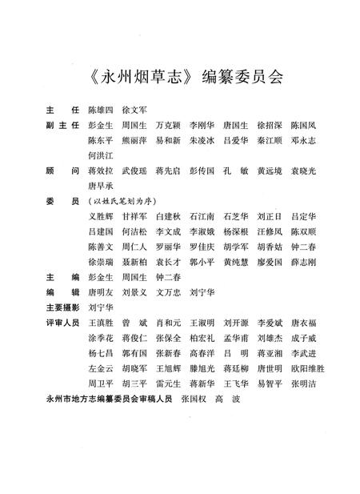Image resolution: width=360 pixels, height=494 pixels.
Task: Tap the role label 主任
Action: pyautogui.click(x=58, y=108)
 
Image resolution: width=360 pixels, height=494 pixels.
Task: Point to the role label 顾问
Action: pyautogui.click(x=58, y=171)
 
